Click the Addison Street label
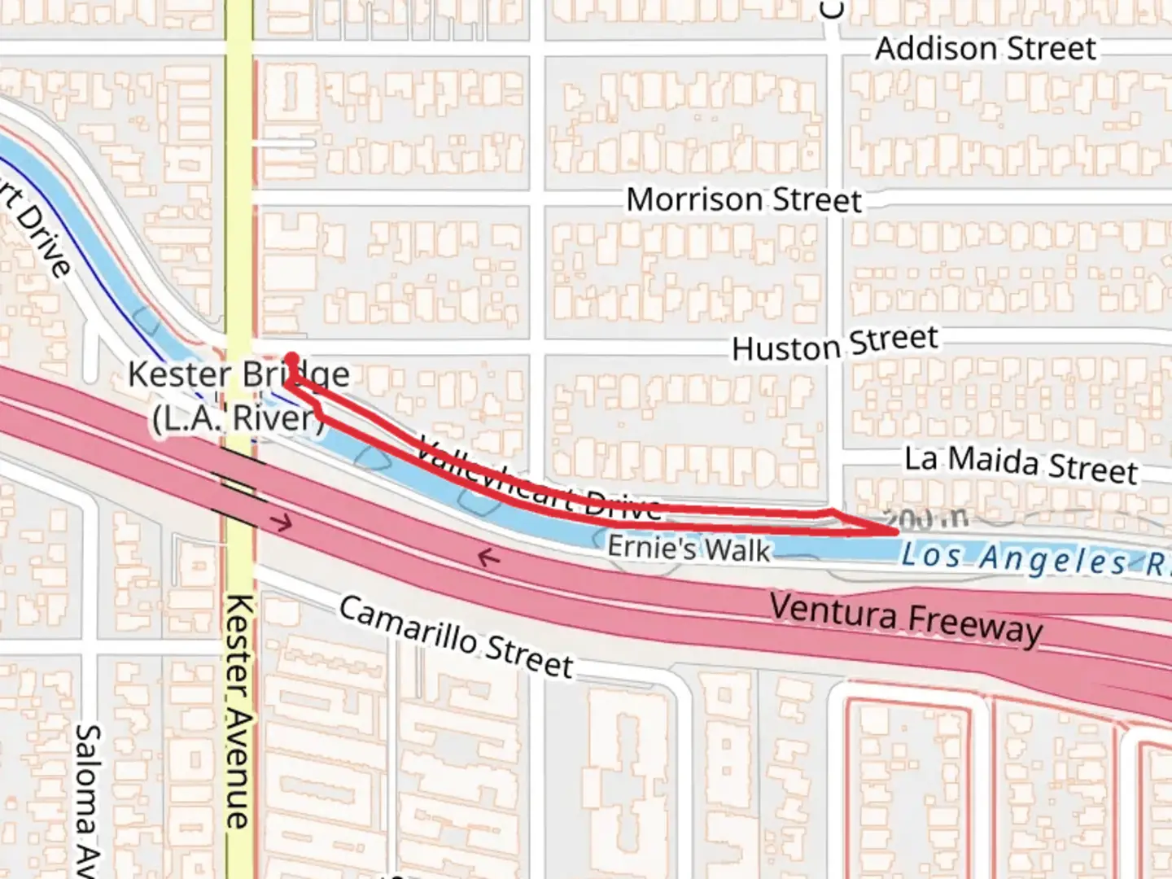click(x=986, y=49)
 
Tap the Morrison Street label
click(x=743, y=199)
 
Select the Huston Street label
click(x=835, y=344)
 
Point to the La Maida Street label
click(x=1021, y=464)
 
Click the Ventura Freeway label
click(x=906, y=619)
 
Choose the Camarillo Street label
click(x=456, y=637)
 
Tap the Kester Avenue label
click(x=238, y=711)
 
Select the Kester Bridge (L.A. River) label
click(x=238, y=396)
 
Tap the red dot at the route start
click(x=291, y=356)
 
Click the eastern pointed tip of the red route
click(x=896, y=531)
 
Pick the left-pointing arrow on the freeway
click(x=488, y=558)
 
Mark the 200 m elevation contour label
click(x=925, y=518)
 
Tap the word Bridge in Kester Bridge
click(x=295, y=375)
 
